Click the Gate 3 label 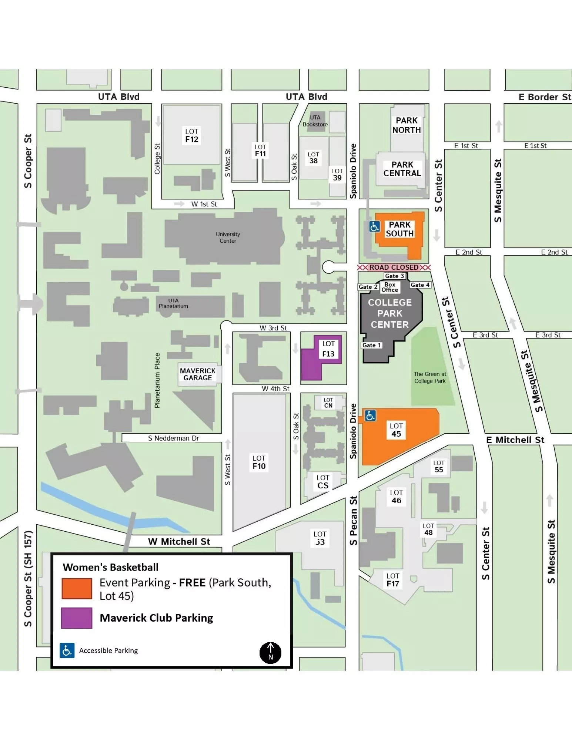point(395,276)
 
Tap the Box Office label point(390,287)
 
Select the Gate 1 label point(371,345)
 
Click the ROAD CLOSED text point(394,267)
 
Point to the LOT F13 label point(328,349)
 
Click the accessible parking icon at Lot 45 point(370,416)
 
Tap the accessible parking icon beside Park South point(374,226)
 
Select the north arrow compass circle point(270,653)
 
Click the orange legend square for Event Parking point(77,588)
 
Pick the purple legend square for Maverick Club point(77,618)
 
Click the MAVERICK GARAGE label point(197,374)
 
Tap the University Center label point(228,238)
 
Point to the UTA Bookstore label point(315,121)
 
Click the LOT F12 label point(192,135)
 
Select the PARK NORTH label point(407,125)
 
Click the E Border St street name point(544,97)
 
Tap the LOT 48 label point(428,529)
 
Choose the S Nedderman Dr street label point(173,438)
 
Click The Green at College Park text point(430,377)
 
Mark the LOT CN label point(328,403)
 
